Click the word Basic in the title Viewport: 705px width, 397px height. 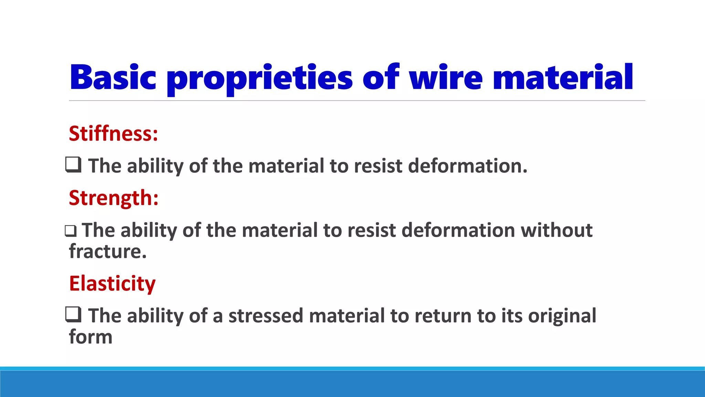click(113, 78)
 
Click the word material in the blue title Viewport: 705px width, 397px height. click(563, 78)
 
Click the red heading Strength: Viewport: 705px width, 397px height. click(114, 198)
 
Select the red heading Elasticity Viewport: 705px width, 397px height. click(112, 284)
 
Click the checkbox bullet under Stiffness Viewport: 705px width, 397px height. click(73, 164)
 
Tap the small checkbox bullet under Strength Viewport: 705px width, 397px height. click(71, 231)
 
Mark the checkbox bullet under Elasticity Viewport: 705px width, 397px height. click(73, 314)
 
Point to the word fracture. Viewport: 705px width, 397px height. click(108, 251)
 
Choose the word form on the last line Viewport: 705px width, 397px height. click(91, 337)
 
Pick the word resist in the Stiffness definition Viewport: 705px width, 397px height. click(378, 166)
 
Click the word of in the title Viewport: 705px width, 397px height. click(381, 78)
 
